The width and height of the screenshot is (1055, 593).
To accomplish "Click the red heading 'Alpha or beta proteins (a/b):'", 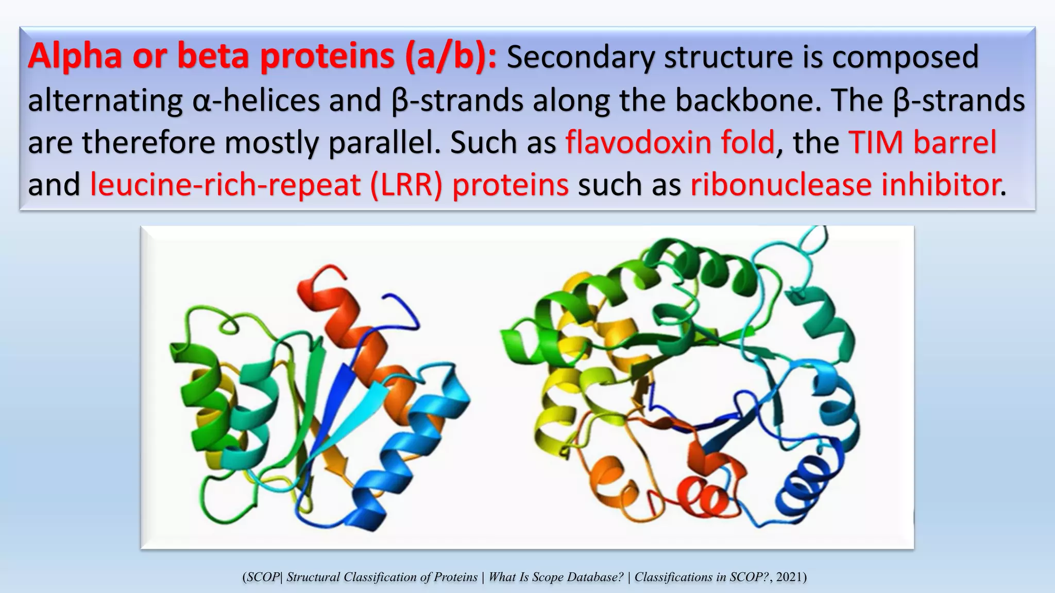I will pos(262,57).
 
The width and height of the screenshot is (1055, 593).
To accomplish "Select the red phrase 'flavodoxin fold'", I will pos(670,143).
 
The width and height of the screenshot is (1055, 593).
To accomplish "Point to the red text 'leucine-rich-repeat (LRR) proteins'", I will pos(329,185).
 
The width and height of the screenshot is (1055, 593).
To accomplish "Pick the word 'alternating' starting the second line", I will pos(105,100).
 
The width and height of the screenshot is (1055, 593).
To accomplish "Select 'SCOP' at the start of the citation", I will pos(262,577).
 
